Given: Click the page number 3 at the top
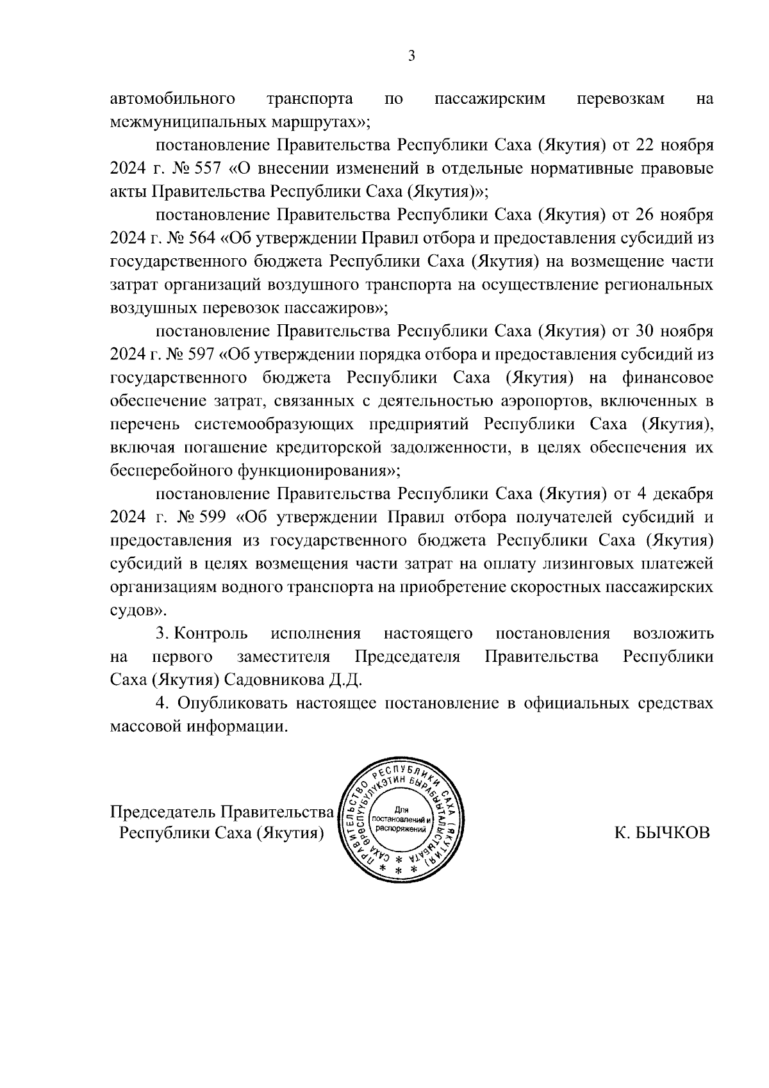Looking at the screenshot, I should coord(412,56).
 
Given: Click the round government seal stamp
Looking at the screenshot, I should coord(402,819).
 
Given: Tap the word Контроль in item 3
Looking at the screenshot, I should coord(211,634).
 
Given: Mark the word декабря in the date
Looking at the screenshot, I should coord(681,494).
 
